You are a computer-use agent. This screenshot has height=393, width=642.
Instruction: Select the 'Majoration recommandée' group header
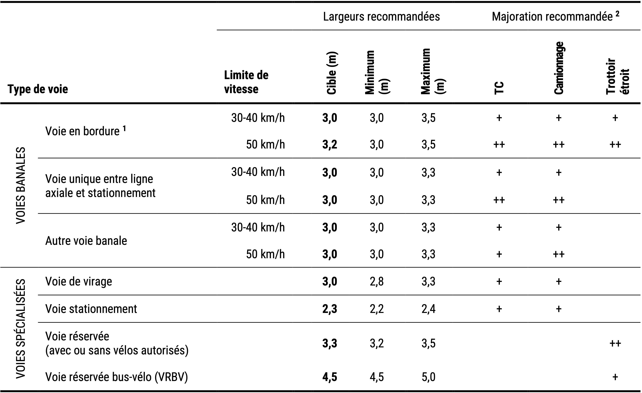(x=555, y=17)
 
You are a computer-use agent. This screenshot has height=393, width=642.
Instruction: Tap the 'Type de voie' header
(x=38, y=89)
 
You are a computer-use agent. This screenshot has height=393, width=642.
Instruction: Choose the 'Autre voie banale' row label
(x=86, y=241)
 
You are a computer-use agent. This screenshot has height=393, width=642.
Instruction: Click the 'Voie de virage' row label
(x=79, y=281)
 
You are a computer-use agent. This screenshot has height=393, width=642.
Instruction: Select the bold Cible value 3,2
(x=330, y=145)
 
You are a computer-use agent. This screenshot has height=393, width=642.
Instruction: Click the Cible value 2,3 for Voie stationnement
(x=330, y=309)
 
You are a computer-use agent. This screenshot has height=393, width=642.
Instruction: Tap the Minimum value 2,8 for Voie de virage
(x=377, y=281)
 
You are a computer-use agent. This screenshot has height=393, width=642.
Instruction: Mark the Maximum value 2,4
(x=428, y=309)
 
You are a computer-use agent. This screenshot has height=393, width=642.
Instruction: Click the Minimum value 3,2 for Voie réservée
(x=377, y=343)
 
